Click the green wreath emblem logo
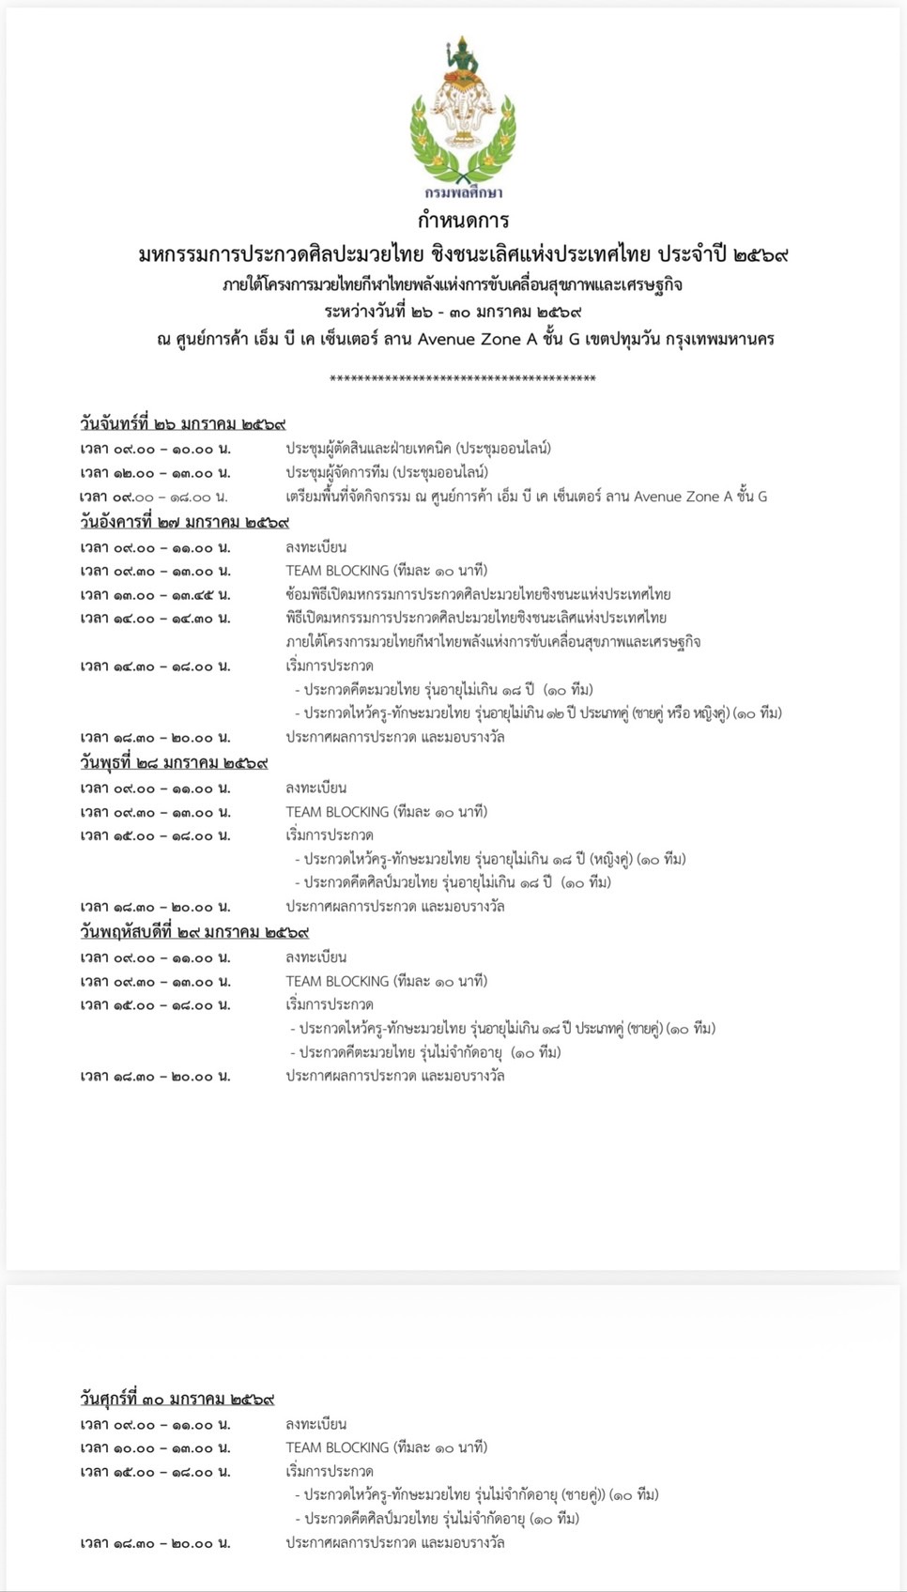tap(463, 113)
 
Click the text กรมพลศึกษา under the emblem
tap(463, 192)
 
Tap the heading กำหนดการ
tap(463, 221)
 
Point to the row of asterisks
tap(463, 379)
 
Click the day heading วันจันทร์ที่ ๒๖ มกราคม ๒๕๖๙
tap(183, 424)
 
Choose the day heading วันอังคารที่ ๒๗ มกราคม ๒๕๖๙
tap(185, 522)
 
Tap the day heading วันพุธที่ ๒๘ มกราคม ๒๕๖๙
tap(175, 763)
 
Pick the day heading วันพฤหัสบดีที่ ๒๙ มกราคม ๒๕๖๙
tap(194, 932)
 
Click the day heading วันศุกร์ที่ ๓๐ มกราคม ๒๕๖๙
tap(177, 1399)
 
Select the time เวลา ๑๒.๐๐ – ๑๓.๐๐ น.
tap(155, 473)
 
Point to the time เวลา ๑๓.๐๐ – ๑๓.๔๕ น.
tap(155, 595)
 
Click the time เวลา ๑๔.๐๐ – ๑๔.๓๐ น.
tap(155, 619)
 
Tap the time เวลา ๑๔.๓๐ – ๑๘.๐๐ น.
tap(155, 666)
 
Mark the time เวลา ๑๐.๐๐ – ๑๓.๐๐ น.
tap(155, 1448)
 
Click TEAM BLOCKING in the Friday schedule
tap(337, 1447)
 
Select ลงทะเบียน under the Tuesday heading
tap(316, 547)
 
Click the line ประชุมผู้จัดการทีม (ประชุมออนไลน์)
tap(387, 472)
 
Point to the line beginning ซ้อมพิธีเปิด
tap(478, 594)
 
